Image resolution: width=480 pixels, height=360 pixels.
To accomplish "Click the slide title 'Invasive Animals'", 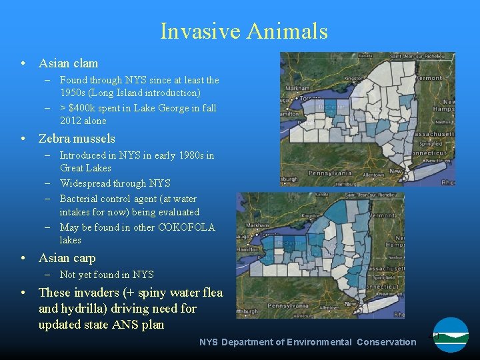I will [243, 31].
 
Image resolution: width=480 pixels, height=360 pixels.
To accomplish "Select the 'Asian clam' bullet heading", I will [68, 63].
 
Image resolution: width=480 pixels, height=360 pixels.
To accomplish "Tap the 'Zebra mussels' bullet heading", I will [77, 139].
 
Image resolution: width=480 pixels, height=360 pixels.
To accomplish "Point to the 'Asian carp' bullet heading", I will [67, 258].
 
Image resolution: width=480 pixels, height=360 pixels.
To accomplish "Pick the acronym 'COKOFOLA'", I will [187, 227].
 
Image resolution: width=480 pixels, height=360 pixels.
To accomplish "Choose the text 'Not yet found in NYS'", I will [107, 275].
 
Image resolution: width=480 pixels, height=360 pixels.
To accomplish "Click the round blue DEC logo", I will [451, 335].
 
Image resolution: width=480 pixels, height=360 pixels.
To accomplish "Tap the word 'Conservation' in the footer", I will [386, 342].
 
